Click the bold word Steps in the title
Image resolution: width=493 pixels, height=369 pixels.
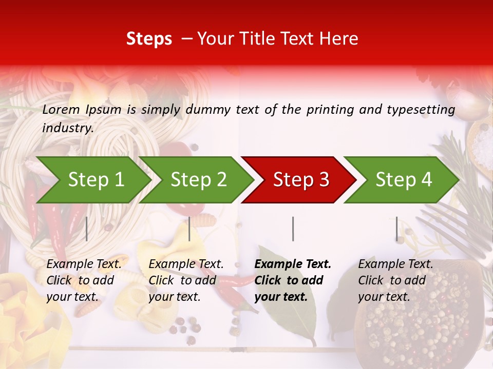pyautogui.click(x=149, y=39)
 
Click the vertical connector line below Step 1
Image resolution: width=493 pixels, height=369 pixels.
pyautogui.click(x=86, y=229)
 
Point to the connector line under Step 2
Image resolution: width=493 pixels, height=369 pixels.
pyautogui.click(x=189, y=229)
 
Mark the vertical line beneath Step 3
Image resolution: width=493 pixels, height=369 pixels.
pyautogui.click(x=293, y=229)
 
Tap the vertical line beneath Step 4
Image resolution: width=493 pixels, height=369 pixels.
pyautogui.click(x=396, y=229)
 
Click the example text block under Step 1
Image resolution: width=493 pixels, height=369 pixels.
pyautogui.click(x=84, y=280)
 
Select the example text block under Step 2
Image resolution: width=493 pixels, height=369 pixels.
pyautogui.click(x=186, y=280)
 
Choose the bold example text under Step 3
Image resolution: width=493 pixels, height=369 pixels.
pyautogui.click(x=293, y=280)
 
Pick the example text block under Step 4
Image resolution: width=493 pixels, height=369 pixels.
pyautogui.click(x=395, y=280)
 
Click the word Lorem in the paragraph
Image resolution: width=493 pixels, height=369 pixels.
pyautogui.click(x=61, y=109)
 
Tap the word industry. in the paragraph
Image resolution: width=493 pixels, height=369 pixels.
pyautogui.click(x=68, y=128)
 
